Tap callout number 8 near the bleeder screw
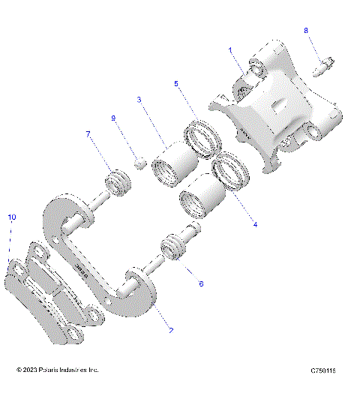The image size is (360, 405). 306,30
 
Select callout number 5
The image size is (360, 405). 176,85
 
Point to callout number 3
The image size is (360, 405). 139,99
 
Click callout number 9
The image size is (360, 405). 113,118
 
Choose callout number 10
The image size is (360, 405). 11,217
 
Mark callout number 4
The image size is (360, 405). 255,224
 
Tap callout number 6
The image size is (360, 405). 200,284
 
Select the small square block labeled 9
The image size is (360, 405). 138,160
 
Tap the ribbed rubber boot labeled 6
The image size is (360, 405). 172,250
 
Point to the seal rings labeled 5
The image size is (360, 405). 203,136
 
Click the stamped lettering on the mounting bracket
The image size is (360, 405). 83,270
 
